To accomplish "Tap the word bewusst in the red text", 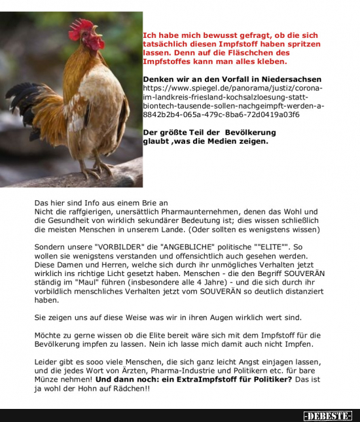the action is click(x=211, y=35).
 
